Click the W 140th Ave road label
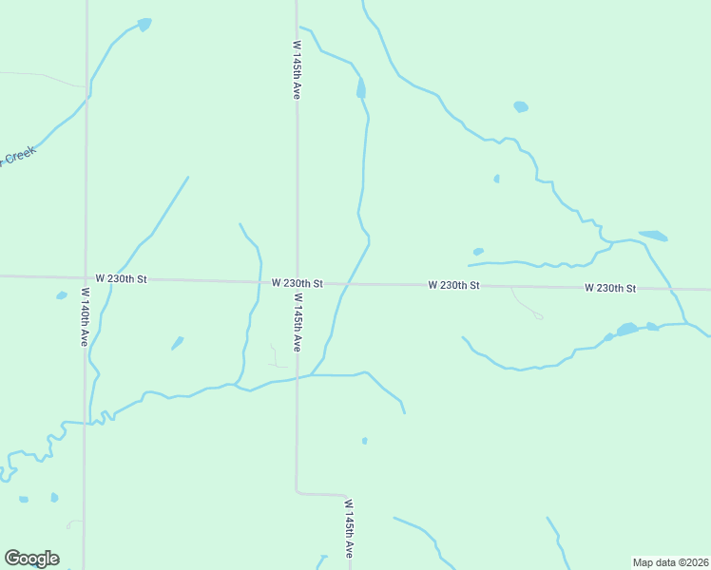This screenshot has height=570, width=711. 85,316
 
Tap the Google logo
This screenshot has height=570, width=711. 31,559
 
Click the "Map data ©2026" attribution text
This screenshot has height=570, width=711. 670,562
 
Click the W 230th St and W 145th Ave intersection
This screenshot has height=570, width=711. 297,282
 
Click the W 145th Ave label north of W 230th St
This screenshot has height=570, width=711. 297,69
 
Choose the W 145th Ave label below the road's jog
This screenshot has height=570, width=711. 349,528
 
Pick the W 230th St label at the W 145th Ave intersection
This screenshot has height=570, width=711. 297,283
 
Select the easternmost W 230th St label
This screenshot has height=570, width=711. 610,287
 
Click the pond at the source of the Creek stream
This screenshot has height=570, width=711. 144,24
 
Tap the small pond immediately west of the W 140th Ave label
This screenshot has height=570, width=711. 62,295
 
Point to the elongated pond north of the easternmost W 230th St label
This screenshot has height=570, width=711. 653,235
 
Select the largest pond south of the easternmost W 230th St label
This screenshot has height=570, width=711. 626,330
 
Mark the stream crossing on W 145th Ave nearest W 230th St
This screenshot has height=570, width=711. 297,376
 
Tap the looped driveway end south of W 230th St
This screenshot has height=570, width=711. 538,315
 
